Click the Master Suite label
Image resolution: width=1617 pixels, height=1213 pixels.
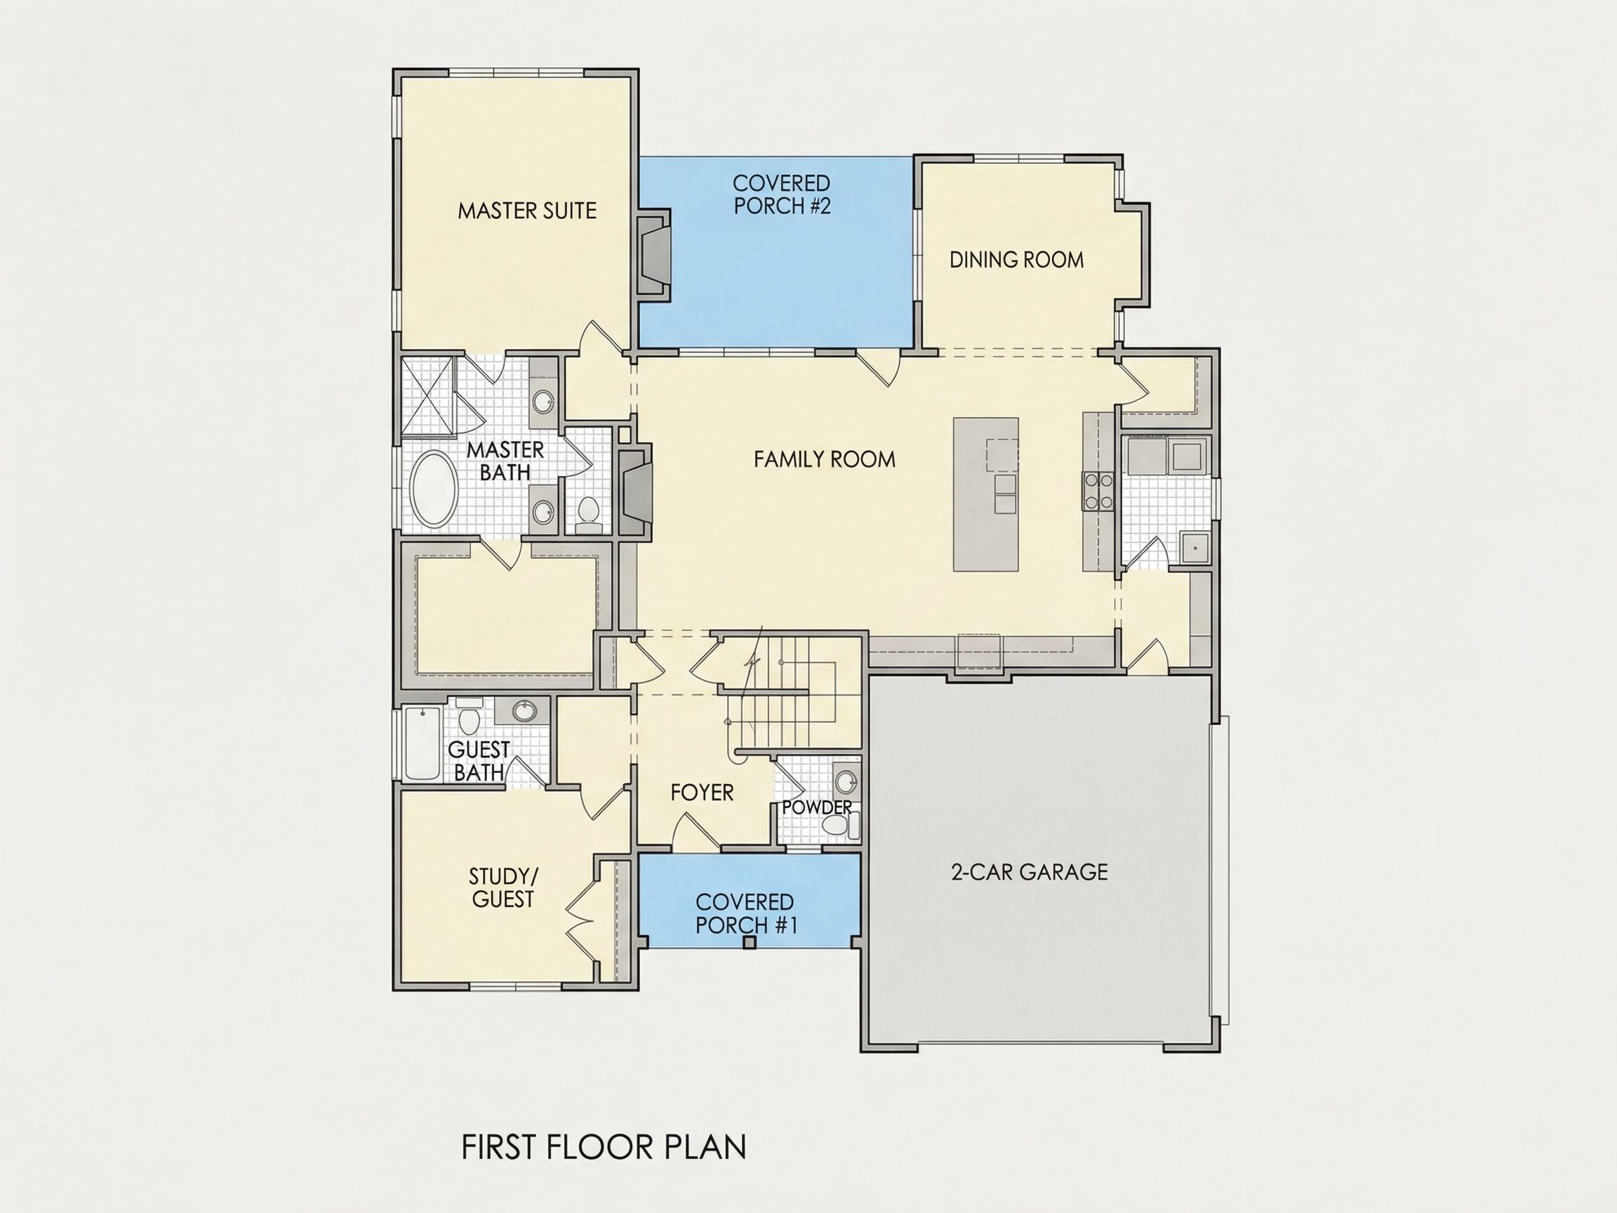(527, 211)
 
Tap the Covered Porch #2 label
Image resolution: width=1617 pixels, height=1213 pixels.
(781, 194)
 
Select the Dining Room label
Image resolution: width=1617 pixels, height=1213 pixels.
(1016, 260)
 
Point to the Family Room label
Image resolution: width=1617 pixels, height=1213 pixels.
(825, 459)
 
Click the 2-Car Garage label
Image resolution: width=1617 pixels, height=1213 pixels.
(1030, 872)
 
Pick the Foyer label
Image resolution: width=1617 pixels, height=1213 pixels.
(702, 793)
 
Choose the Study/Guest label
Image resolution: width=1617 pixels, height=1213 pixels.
(503, 887)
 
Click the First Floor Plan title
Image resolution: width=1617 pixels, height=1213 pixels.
(604, 1147)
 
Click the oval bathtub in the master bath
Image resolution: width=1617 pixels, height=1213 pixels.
(434, 489)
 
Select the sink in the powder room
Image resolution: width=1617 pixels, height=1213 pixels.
(846, 781)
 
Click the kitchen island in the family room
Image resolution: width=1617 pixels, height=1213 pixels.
(985, 494)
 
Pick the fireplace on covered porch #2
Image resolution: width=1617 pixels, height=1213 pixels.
(653, 253)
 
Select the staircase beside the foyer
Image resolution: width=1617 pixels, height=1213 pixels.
(793, 691)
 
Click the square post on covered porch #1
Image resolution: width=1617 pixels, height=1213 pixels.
(749, 943)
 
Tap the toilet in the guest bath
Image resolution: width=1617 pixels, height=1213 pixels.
(468, 718)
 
